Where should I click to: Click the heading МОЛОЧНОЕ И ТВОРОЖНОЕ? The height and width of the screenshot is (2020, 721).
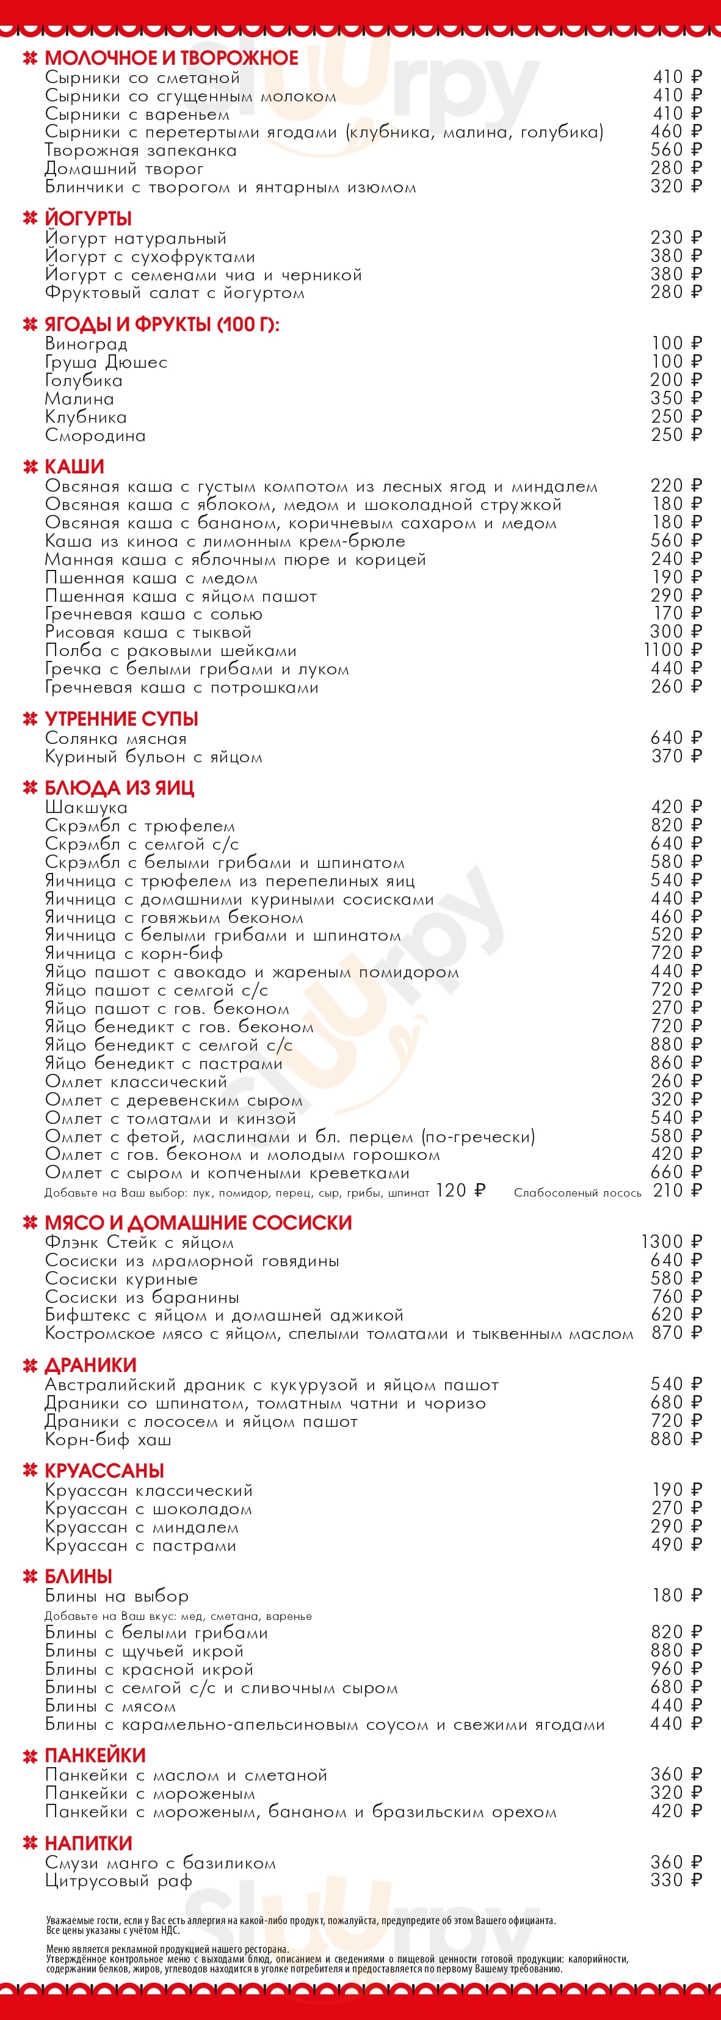[x=171, y=58]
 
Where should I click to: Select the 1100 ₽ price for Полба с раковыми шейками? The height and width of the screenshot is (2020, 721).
[x=672, y=650]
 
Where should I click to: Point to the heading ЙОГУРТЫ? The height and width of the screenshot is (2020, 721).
[x=88, y=219]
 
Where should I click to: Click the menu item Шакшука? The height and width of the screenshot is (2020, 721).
[x=85, y=808]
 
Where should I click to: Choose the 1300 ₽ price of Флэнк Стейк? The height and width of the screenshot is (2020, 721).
[x=671, y=1242]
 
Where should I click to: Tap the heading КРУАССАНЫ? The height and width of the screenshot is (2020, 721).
[x=104, y=1471]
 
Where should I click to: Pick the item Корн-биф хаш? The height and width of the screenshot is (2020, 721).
[x=107, y=1440]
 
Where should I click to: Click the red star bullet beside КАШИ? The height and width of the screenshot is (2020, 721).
[x=31, y=467]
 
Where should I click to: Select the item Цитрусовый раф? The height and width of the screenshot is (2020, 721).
[x=118, y=1881]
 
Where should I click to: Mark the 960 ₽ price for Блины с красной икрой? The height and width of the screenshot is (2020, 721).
[x=676, y=1669]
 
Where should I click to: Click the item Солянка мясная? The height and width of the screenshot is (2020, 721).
[x=115, y=738]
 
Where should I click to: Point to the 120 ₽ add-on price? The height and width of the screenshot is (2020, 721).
[x=461, y=1191]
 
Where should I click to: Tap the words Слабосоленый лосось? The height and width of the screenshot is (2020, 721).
[x=577, y=1193]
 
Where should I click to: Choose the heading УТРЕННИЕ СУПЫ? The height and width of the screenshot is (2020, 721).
[x=121, y=719]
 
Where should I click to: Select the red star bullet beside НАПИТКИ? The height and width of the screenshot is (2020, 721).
[x=31, y=1843]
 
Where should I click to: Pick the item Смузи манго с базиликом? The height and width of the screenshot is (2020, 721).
[x=160, y=1863]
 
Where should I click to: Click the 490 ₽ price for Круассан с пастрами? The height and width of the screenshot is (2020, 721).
[x=676, y=1545]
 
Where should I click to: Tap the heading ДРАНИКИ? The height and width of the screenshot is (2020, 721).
[x=90, y=1365]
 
